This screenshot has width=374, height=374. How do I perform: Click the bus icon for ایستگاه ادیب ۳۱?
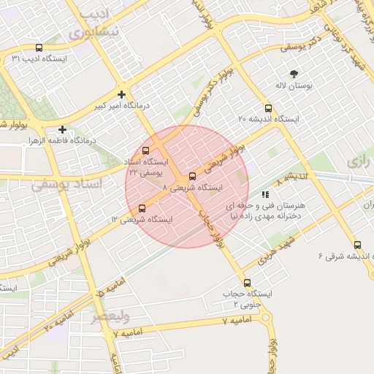39,47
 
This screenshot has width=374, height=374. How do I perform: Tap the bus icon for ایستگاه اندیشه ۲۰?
269,108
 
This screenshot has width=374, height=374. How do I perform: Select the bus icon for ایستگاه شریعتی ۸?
193,176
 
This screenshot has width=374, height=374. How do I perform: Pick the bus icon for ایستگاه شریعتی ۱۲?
142,208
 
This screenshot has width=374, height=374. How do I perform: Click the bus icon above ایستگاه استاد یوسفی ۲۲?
145,150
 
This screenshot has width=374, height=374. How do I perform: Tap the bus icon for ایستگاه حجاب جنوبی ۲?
246,283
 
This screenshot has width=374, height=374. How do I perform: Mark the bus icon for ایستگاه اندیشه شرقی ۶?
357,245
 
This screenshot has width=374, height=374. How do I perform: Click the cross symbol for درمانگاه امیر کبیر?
121,93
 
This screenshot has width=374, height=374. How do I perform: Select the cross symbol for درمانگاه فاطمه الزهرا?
63,129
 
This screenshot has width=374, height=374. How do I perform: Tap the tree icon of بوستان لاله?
294,74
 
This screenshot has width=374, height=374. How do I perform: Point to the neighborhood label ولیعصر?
110,317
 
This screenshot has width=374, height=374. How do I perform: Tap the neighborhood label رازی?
361,161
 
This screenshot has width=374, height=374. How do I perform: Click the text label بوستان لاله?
298,86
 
